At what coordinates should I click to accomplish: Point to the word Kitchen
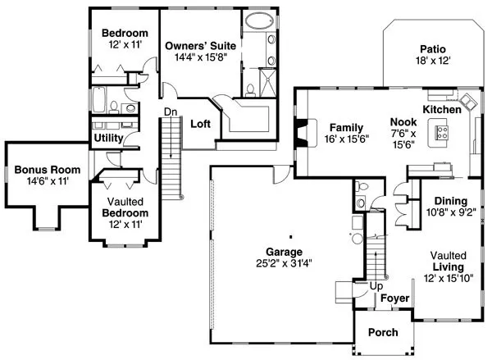click(442, 109)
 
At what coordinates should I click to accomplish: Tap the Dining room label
click(450, 201)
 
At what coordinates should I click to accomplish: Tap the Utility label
click(108, 139)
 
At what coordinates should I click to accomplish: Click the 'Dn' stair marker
click(171, 112)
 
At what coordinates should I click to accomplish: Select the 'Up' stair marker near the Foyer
click(376, 285)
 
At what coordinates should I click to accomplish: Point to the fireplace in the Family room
click(303, 131)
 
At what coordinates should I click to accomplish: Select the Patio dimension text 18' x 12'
click(432, 61)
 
